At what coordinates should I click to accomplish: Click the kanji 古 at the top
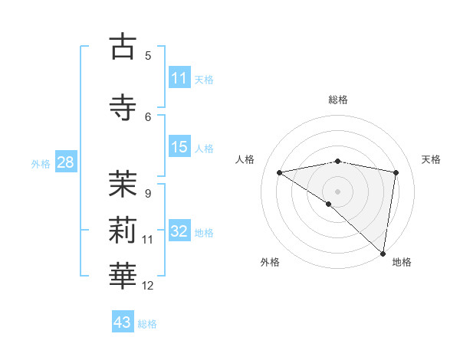(123, 47)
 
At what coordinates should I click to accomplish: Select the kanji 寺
(123, 108)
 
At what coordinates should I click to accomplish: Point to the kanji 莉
(123, 231)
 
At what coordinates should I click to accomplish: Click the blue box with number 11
(179, 78)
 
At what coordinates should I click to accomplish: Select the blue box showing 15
(179, 147)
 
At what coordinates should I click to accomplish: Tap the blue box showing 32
(179, 232)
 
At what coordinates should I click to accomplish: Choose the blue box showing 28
(65, 162)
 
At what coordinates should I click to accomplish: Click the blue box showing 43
(123, 322)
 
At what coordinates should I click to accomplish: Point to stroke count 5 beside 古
(148, 56)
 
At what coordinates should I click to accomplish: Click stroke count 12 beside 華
(148, 286)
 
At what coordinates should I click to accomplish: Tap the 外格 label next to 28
(41, 163)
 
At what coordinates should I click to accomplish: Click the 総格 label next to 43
(147, 323)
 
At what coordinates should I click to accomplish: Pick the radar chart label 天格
(431, 159)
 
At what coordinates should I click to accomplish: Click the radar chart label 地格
(402, 262)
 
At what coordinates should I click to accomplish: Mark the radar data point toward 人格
(279, 172)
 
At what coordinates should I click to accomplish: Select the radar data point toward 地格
(383, 253)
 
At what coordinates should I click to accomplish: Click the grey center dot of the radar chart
(337, 190)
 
